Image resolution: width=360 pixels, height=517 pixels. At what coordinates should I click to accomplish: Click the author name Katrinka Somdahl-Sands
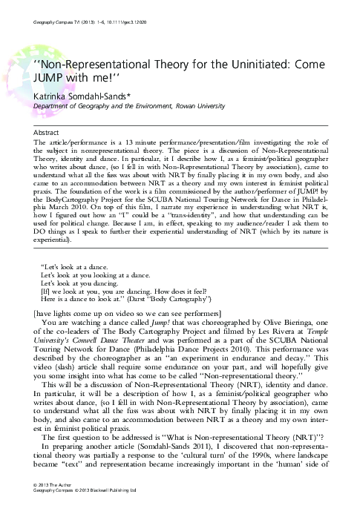[83, 95]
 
